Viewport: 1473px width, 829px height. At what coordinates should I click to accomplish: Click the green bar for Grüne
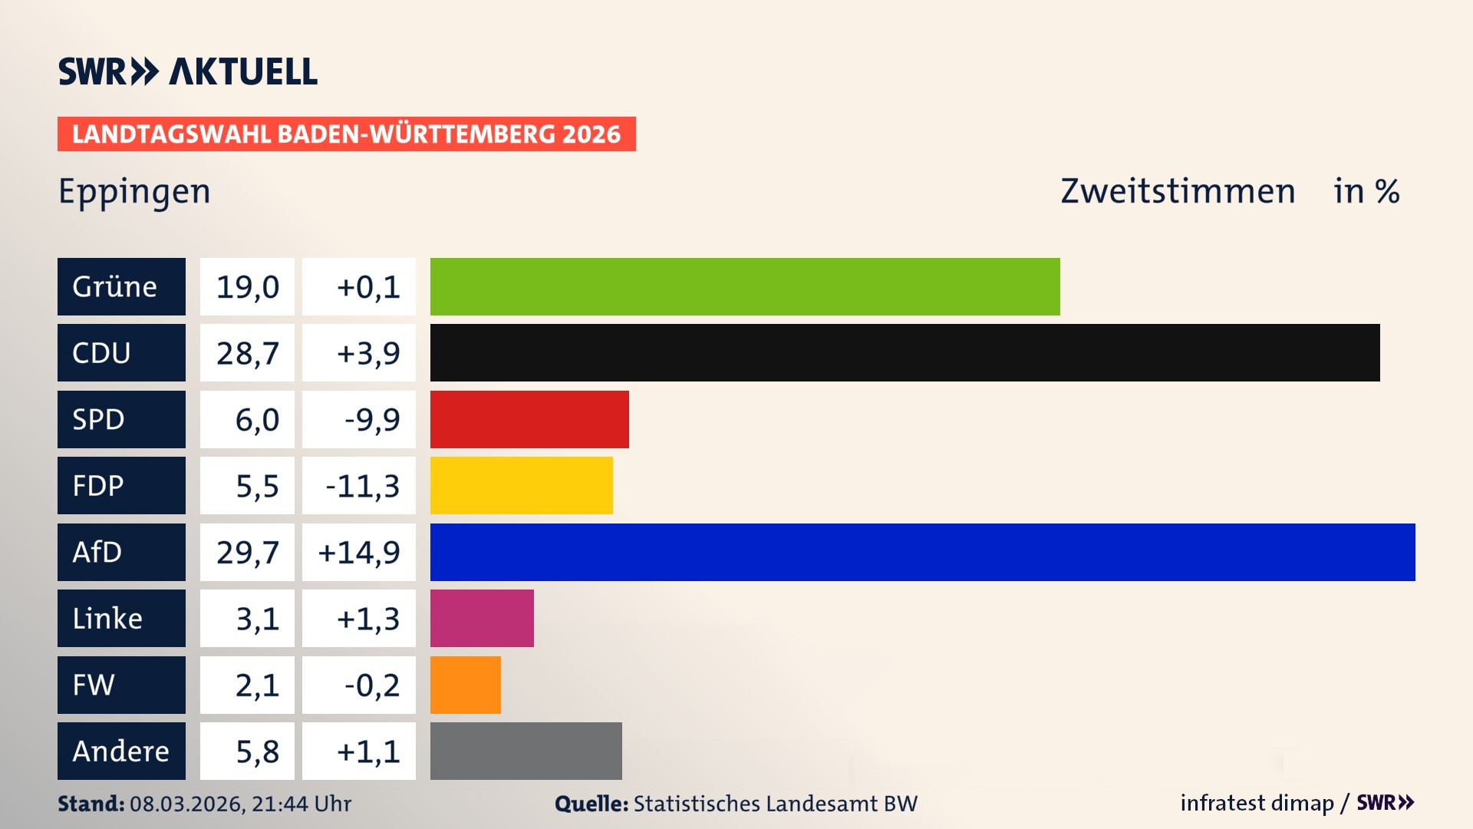(x=744, y=286)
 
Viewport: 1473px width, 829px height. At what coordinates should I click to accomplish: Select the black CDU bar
(x=905, y=353)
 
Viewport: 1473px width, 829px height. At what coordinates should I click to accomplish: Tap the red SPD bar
(x=529, y=419)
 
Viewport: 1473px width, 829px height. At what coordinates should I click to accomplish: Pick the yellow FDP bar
(x=521, y=485)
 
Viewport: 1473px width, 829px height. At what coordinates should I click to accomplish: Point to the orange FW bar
(x=465, y=685)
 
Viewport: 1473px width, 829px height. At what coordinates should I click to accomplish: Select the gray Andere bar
(x=526, y=751)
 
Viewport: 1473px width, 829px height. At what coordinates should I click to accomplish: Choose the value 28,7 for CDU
(x=247, y=353)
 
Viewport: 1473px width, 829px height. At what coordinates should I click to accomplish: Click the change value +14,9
(x=358, y=552)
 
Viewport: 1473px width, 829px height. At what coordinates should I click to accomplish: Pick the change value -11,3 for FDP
(x=361, y=486)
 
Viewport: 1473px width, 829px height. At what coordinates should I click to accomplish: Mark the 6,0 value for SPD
(x=256, y=420)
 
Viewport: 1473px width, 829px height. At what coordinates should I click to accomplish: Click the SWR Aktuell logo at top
(x=187, y=71)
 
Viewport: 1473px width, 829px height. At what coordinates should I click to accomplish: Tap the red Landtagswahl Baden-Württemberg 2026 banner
(x=346, y=134)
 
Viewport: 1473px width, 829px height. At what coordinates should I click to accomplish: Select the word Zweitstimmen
(x=1178, y=191)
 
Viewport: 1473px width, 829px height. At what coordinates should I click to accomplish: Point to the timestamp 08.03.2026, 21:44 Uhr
(x=240, y=804)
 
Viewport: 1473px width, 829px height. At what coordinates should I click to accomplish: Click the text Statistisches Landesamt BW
(x=775, y=804)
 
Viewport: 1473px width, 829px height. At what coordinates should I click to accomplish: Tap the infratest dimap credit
(x=1256, y=803)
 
